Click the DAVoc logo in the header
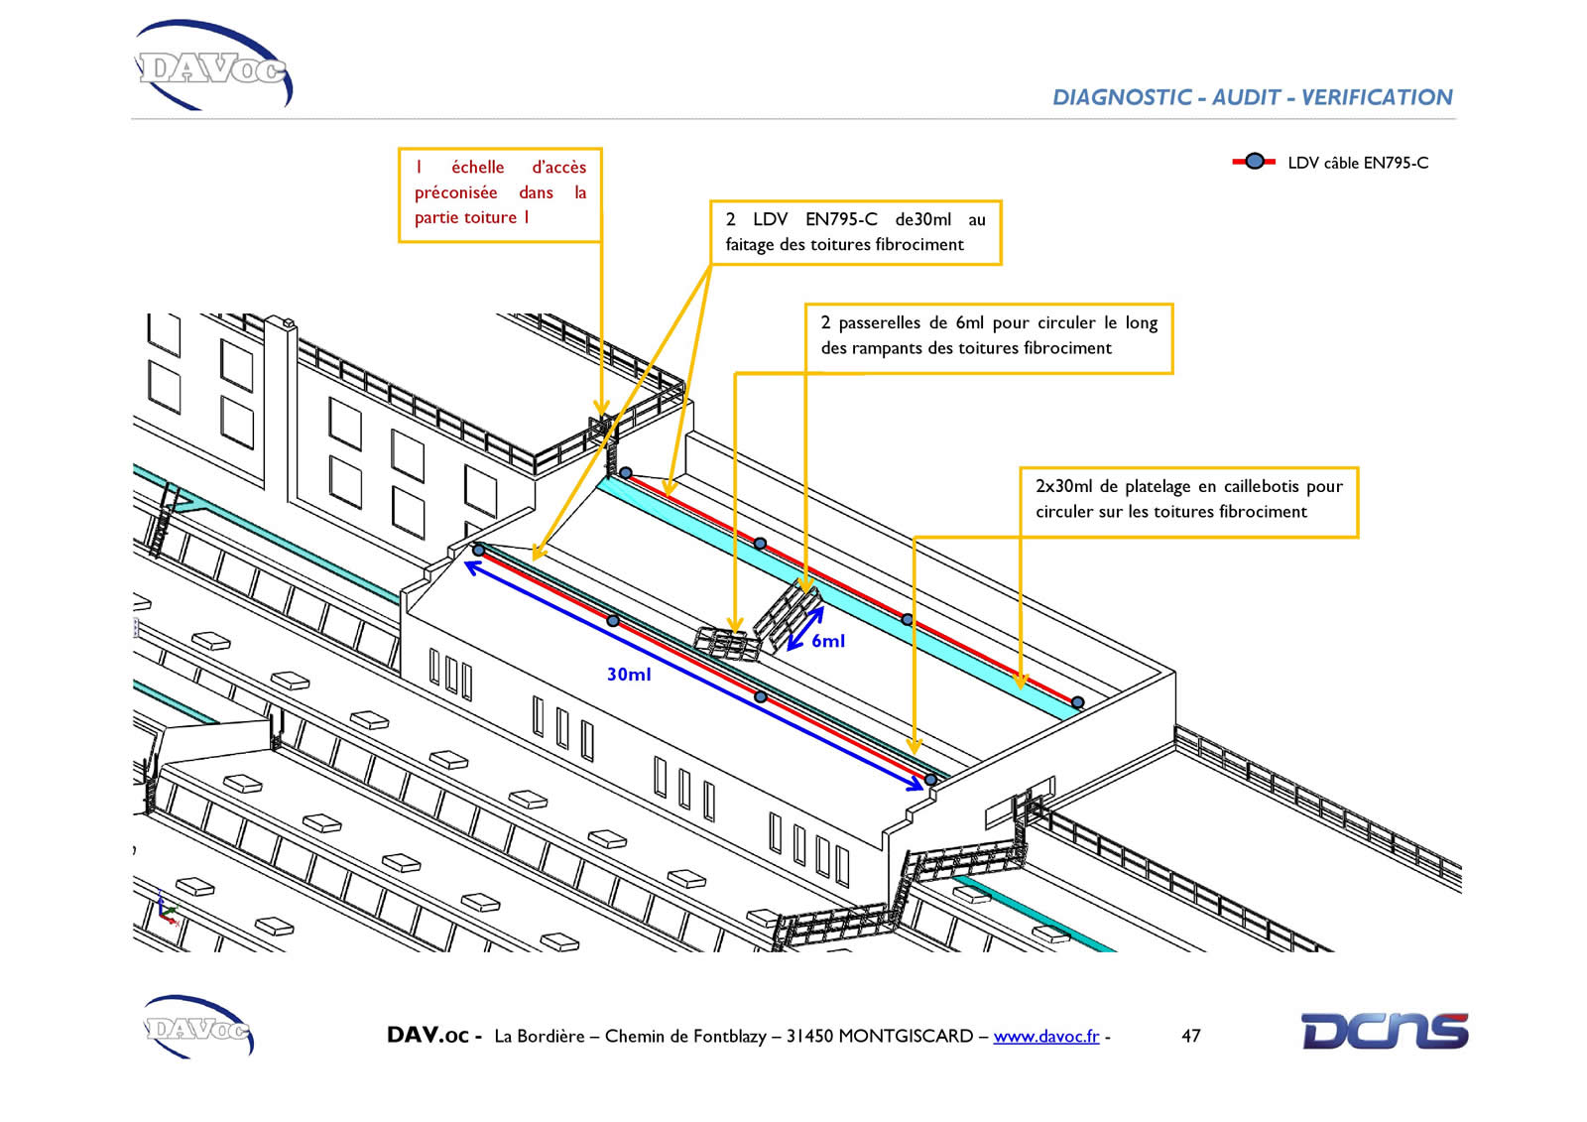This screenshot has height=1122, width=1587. click(212, 65)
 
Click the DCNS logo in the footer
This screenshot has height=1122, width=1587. click(1385, 1032)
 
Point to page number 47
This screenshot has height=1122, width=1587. click(1191, 1037)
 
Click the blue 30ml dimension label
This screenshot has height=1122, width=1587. click(629, 674)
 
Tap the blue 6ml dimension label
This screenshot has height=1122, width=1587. click(828, 641)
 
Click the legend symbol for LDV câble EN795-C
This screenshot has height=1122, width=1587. click(1254, 162)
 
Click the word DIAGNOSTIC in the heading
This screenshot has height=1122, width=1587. click(1122, 97)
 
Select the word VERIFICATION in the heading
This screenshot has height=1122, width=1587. click(1377, 97)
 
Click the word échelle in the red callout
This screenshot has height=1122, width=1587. click(478, 168)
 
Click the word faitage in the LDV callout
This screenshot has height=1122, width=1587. click(750, 245)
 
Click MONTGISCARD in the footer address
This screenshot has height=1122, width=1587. click(906, 1037)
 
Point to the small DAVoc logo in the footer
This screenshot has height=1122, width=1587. click(198, 1027)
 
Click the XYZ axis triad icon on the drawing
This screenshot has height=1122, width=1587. click(168, 910)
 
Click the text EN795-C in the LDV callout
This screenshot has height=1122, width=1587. click(841, 219)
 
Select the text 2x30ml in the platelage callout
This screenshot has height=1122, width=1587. click(1065, 486)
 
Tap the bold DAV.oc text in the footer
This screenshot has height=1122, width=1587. click(427, 1036)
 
